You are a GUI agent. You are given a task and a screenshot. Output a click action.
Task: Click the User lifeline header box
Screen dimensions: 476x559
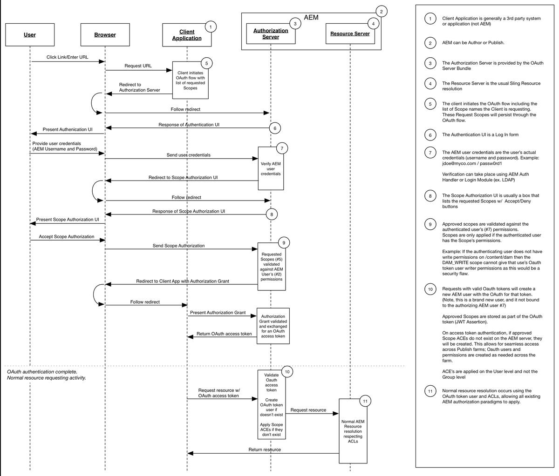tap(30, 35)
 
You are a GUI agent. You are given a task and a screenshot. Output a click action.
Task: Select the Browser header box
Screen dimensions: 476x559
tap(105, 35)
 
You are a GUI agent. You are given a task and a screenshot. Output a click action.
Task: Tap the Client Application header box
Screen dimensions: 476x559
tap(187, 35)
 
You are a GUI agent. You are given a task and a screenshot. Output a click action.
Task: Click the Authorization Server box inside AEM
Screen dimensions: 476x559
tap(271, 34)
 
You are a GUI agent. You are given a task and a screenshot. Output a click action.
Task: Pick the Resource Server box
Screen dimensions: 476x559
tap(350, 34)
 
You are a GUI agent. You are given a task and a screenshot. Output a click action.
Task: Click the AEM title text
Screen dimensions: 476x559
tap(311, 18)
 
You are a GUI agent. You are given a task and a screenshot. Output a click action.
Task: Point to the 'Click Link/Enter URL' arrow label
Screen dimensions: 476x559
tap(67, 58)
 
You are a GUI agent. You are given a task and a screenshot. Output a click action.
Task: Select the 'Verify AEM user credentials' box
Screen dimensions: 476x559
tap(271, 168)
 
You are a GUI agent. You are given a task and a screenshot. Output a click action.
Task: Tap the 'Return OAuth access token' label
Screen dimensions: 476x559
tap(224, 334)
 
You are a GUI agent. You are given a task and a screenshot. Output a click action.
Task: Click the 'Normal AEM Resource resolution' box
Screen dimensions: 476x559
tap(353, 431)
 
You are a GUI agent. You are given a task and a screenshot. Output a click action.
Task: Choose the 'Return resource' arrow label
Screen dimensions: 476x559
tap(265, 449)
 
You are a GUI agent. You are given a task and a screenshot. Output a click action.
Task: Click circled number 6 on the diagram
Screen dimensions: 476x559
tap(275, 128)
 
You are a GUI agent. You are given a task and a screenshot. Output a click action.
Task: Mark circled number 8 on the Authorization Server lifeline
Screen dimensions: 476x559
tap(272, 215)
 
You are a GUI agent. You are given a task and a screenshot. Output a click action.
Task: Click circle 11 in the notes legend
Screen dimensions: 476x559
tap(430, 391)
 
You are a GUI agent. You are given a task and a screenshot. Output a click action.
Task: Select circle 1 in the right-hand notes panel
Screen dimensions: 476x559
tap(430, 19)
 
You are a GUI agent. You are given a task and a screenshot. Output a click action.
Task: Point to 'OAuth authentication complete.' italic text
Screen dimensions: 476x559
tap(42, 372)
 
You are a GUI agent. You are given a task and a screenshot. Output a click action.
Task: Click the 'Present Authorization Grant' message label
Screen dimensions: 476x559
tap(218, 313)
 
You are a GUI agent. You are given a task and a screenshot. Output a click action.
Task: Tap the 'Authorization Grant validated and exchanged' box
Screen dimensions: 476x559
tap(273, 326)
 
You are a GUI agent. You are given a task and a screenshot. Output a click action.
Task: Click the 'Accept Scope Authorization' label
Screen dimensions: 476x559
tap(66, 237)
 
